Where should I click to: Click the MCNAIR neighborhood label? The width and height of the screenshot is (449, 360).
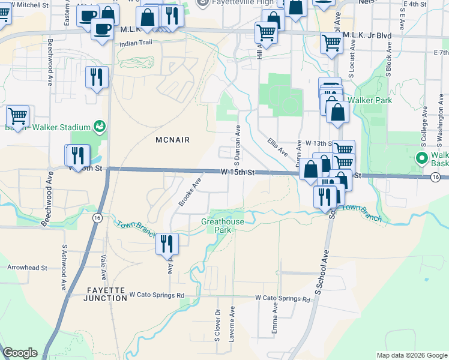[172, 140]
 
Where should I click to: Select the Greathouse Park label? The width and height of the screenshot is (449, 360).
[222, 226]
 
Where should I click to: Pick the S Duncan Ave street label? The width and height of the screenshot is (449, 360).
[237, 146]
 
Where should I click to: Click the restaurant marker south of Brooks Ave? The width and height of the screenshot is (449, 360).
[167, 244]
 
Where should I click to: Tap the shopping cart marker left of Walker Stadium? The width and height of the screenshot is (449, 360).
[17, 116]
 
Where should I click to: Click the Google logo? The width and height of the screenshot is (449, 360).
[20, 353]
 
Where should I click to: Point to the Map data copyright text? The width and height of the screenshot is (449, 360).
[411, 355]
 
